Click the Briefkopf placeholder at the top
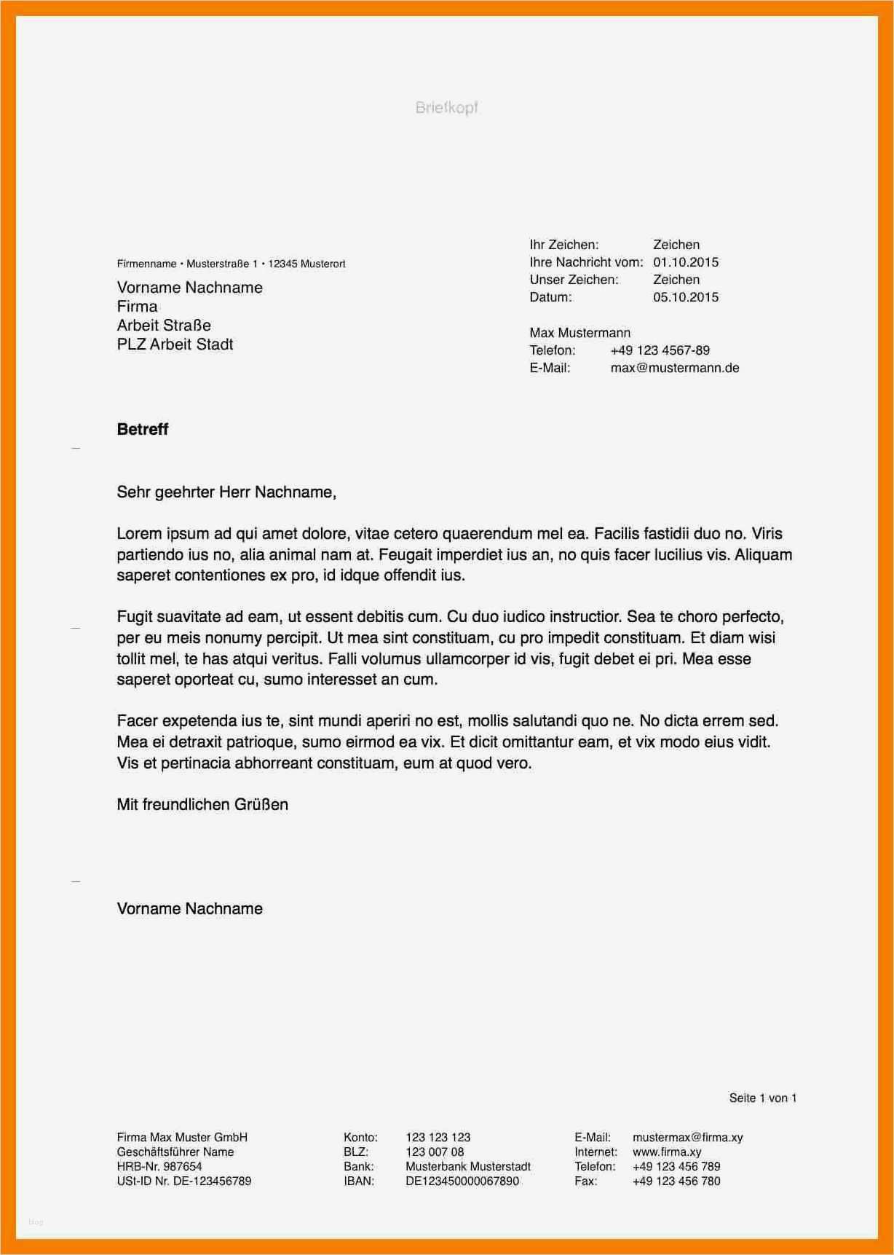point(446,108)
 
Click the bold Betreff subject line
point(143,429)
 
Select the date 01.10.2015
point(685,262)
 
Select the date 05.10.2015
point(685,297)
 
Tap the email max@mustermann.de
point(674,368)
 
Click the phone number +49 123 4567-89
point(660,350)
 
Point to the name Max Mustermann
point(579,333)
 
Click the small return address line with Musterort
point(231,264)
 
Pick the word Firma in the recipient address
point(137,307)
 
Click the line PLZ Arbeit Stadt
point(175,345)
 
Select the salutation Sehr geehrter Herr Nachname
point(226,492)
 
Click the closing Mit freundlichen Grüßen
point(202,805)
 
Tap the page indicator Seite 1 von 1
point(762,1098)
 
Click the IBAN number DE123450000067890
point(462,1181)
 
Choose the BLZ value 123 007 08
point(435,1152)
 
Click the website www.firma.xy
point(667,1152)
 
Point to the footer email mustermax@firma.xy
point(687,1137)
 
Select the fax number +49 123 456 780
point(676,1181)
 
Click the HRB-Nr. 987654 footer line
point(159,1166)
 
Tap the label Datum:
point(550,297)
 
